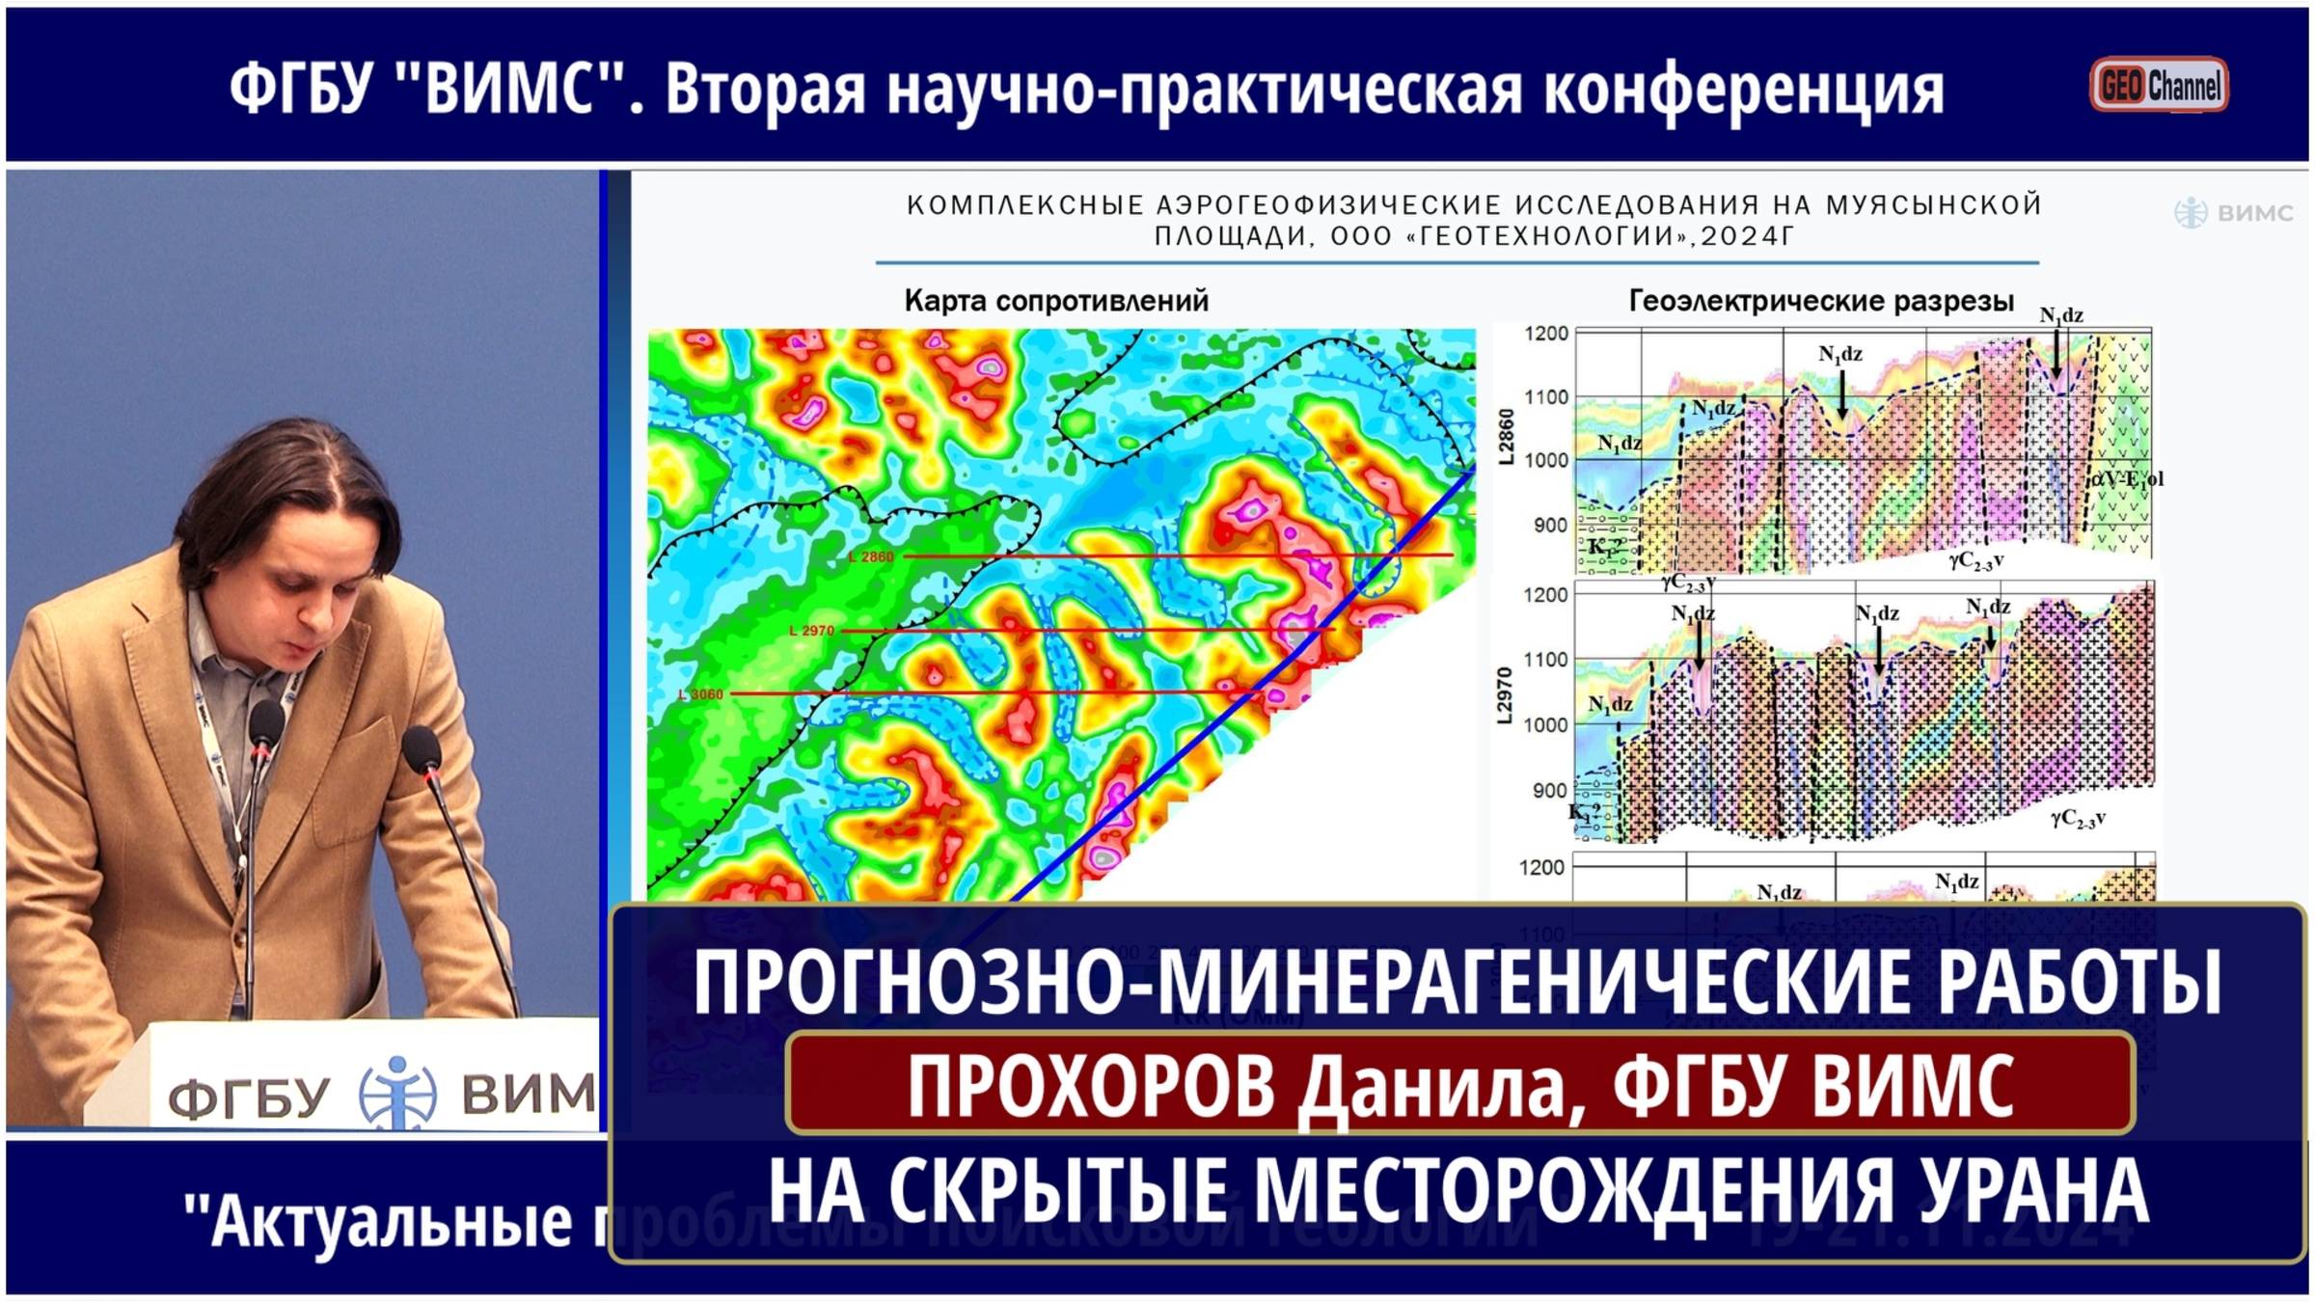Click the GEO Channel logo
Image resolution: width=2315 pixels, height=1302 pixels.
(x=2159, y=85)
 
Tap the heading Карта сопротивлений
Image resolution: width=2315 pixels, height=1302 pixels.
(x=1056, y=301)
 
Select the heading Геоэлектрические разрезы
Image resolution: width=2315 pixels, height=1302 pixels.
(x=1821, y=301)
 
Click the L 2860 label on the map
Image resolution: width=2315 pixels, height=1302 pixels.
(x=871, y=557)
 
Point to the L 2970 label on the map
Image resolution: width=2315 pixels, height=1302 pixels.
(x=811, y=631)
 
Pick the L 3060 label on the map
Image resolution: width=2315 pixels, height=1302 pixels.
(x=701, y=694)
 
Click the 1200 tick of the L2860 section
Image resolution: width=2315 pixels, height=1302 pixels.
(x=1546, y=334)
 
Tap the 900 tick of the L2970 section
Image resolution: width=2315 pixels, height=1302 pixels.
(x=1550, y=791)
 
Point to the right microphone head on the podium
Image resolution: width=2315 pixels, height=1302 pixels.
(x=422, y=747)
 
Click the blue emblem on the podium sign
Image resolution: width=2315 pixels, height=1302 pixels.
(x=397, y=1093)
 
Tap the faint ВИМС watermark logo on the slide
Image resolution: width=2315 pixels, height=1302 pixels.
(x=2233, y=213)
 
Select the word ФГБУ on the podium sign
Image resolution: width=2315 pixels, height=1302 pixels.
(x=249, y=1098)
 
